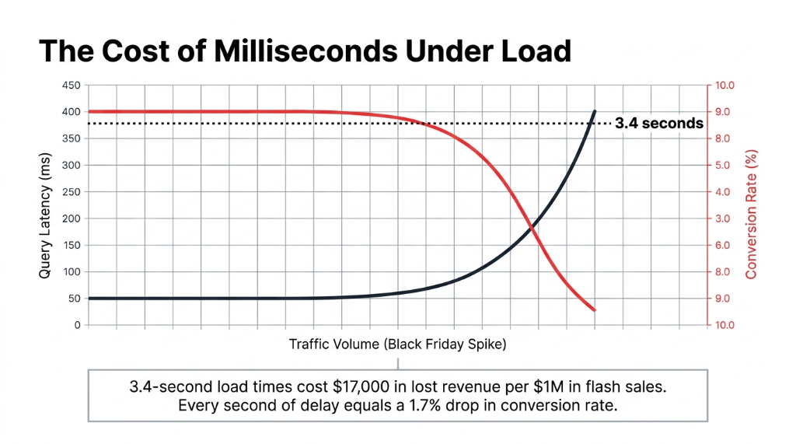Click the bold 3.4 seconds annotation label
(659, 123)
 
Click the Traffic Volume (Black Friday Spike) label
(397, 344)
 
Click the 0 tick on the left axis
(77, 325)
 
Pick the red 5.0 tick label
(724, 166)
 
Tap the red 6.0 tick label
(724, 246)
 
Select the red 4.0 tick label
(724, 192)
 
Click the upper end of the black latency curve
(595, 111)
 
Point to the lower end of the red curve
(595, 310)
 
